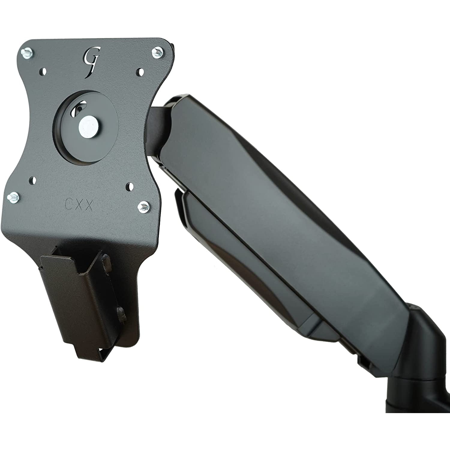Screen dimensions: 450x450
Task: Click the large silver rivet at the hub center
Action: (x=86, y=123)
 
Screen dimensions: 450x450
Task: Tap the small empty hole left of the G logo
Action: (x=44, y=72)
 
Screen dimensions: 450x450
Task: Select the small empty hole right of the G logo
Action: (x=139, y=72)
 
